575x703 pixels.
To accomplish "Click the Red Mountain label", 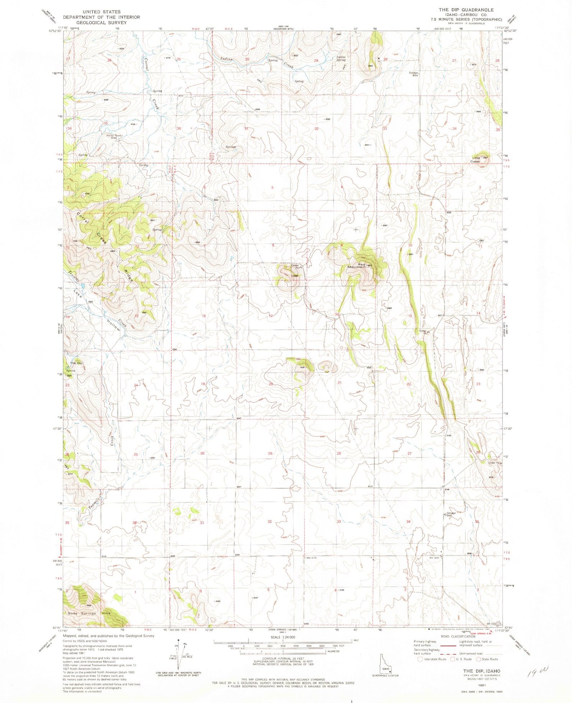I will tap(356, 265).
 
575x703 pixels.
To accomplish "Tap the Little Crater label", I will tap(476, 160).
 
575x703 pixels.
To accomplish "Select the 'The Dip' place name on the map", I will tap(76, 363).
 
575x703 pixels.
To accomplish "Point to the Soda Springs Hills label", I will tap(89, 613).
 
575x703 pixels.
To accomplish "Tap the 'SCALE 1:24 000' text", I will tap(283, 637).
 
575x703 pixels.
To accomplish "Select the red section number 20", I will tap(271, 384).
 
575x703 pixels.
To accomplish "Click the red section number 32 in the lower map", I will tap(269, 522).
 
